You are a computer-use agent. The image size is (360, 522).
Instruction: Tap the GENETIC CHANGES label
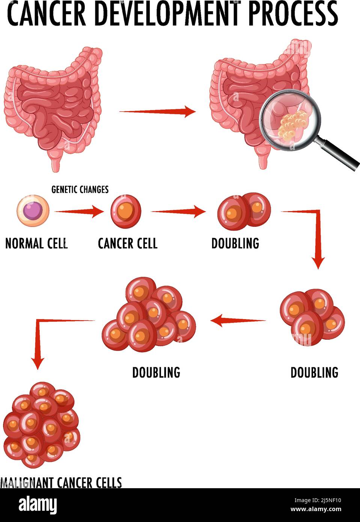coord(80,190)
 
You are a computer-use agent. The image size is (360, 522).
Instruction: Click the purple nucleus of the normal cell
coord(33,210)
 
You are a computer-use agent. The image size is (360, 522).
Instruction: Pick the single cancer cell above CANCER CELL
coord(126,211)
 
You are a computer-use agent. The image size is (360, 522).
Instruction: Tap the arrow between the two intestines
coord(158,111)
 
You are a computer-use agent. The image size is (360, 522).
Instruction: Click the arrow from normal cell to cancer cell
coord(79,212)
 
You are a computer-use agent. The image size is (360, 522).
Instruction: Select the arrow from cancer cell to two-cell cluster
coord(178,212)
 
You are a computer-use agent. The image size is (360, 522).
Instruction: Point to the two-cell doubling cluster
coord(244,211)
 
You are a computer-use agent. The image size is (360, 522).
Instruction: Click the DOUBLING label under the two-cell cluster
coord(235,243)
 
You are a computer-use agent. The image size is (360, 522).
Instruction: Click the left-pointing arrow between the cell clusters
coord(238,321)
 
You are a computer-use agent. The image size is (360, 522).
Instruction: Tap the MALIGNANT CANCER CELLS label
coord(61,482)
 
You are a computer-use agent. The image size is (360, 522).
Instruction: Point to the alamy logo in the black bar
coord(38,505)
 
